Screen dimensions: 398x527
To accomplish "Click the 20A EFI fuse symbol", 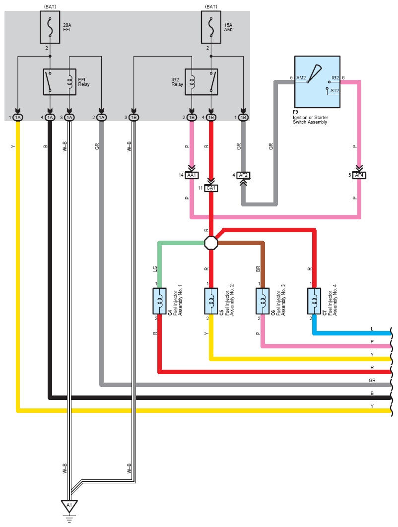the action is (x=50, y=27).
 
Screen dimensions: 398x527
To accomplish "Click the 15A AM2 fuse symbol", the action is (x=211, y=27).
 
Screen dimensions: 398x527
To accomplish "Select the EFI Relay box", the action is (x=60, y=82).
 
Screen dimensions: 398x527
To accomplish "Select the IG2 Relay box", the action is (x=201, y=82).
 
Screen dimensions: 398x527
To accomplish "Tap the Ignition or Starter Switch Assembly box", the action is (x=317, y=82).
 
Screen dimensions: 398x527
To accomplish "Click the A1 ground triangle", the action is (x=69, y=506).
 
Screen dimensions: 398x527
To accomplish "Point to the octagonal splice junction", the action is (x=211, y=243).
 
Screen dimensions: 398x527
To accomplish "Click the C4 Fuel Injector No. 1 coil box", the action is (x=160, y=301).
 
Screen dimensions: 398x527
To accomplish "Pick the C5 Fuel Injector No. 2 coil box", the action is (x=211, y=301).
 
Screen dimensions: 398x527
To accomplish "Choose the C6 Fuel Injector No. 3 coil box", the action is (x=263, y=301).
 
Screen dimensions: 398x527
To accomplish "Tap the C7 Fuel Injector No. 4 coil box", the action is (x=314, y=301).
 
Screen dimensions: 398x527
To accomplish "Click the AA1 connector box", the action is (x=192, y=176).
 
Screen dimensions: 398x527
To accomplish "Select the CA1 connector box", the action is (x=211, y=188).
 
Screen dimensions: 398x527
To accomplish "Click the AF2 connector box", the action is (x=243, y=176).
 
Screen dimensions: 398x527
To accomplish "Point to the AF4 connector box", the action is (x=359, y=176).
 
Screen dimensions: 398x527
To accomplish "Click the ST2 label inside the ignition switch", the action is (x=335, y=91).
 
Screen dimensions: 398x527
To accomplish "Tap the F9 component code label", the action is (x=295, y=112).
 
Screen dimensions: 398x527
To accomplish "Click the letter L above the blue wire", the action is (x=372, y=329).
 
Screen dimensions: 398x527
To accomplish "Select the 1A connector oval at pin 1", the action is (x=18, y=117).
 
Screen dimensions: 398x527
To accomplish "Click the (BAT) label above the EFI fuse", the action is (x=50, y=6).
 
